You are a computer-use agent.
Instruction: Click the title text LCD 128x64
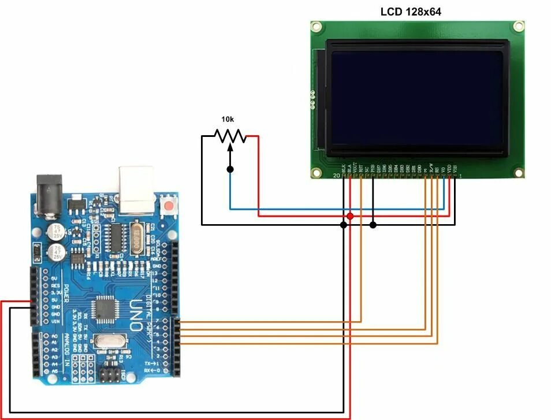pos(411,11)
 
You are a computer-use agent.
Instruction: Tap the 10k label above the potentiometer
pos(228,119)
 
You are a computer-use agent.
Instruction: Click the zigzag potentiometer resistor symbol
pos(230,136)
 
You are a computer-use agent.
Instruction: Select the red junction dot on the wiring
pos(350,216)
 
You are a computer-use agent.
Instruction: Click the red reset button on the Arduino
pos(169,206)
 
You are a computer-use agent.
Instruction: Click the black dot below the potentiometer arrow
pos(230,169)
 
